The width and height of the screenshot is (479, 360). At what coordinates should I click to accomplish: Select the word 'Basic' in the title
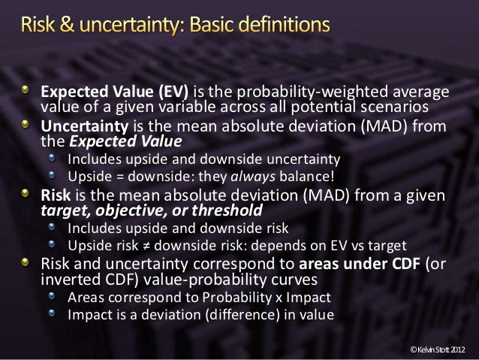pyautogui.click(x=216, y=26)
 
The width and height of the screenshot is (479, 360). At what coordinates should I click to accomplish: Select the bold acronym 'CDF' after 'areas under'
pyautogui.click(x=402, y=265)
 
